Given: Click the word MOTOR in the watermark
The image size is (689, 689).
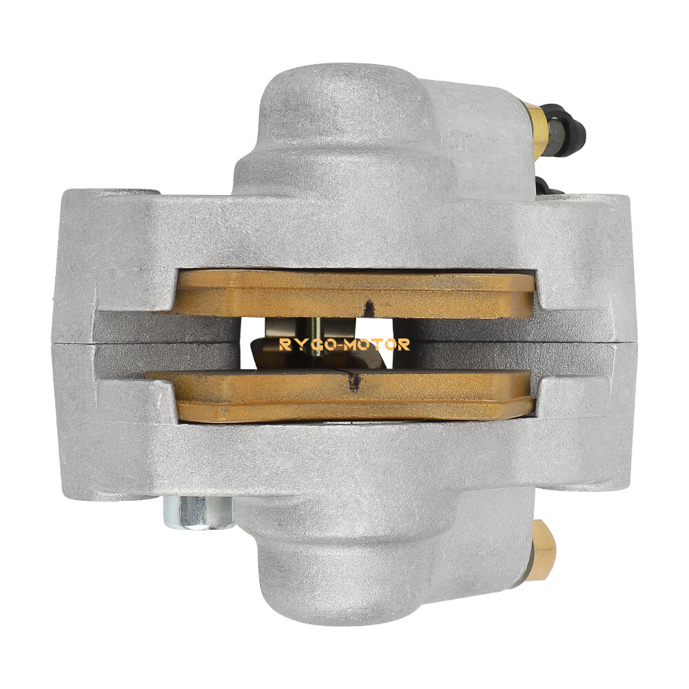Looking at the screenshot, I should pyautogui.click(x=381, y=344).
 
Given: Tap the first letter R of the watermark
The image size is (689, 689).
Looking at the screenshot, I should pyautogui.click(x=283, y=344).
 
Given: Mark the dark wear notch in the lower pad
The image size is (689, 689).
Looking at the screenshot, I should pyautogui.click(x=353, y=380).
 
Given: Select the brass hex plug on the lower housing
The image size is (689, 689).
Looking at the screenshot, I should pyautogui.click(x=544, y=544).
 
